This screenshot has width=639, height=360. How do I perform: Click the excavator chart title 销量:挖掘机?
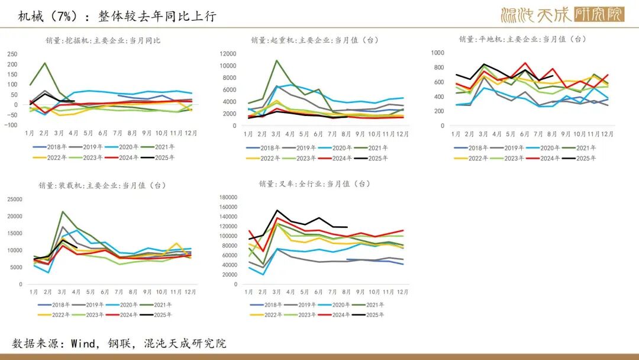click(x=103, y=41)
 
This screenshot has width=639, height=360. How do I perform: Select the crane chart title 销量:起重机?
click(x=314, y=40)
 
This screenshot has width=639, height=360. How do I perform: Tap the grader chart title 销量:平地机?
click(x=522, y=39)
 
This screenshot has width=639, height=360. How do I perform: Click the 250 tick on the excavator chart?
click(x=12, y=53)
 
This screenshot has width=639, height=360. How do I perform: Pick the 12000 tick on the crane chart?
click(x=228, y=53)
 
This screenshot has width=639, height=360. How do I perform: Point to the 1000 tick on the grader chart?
click(x=437, y=53)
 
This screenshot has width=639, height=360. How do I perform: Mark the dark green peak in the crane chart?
click(x=276, y=60)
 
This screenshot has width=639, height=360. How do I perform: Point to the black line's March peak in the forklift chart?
click(x=277, y=210)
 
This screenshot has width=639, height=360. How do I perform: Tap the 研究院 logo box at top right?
click(x=599, y=14)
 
